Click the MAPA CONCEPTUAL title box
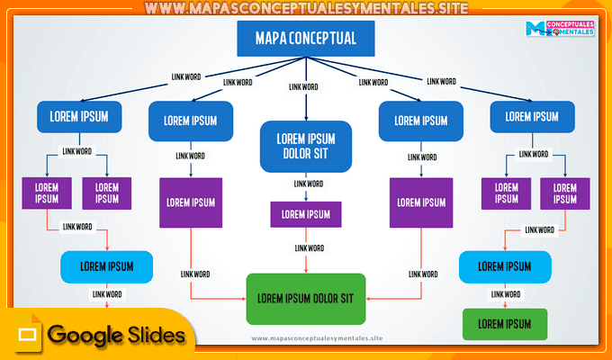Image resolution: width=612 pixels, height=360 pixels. point(305,39)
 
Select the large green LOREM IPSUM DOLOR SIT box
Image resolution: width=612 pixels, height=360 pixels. point(306,298)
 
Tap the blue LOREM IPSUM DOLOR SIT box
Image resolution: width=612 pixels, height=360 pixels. point(305,146)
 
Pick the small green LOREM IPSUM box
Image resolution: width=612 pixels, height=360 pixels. point(504,323)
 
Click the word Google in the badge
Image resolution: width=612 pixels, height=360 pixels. point(85,336)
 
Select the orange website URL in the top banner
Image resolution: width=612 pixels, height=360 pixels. point(306,8)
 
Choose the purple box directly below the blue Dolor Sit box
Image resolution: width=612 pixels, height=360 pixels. point(306,214)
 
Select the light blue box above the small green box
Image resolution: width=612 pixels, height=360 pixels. point(504,266)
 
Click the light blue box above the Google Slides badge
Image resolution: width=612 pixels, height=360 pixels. point(106,266)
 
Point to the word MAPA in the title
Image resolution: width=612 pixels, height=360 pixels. point(274,39)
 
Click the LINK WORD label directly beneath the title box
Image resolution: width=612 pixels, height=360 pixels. point(302,86)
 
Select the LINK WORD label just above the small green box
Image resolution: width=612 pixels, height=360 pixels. point(504,294)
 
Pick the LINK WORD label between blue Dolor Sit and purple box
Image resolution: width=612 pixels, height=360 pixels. point(306,184)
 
